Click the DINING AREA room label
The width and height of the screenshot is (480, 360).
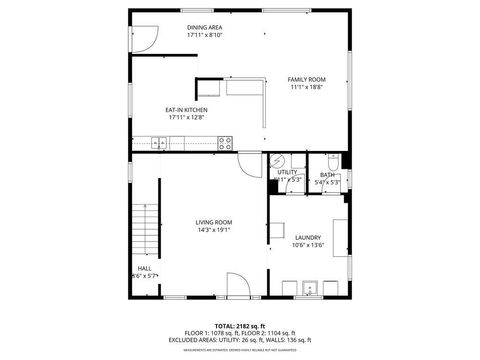(x=204, y=27)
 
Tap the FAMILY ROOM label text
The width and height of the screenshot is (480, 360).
(x=307, y=79)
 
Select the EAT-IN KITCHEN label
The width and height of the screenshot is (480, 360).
(x=186, y=110)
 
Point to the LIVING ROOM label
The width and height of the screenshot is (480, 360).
(x=213, y=222)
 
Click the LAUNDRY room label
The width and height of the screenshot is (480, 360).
(x=307, y=237)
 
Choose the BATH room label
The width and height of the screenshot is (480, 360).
(x=327, y=174)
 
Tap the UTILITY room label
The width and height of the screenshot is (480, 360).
(x=287, y=172)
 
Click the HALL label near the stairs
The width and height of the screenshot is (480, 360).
(x=144, y=268)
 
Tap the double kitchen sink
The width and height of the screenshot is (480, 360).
(x=161, y=140)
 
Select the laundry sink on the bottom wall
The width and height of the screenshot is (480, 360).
(x=309, y=289)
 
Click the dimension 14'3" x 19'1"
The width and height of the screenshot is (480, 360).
(x=213, y=230)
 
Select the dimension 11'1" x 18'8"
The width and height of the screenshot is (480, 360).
(x=307, y=87)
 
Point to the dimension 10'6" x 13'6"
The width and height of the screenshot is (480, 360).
(x=307, y=245)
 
